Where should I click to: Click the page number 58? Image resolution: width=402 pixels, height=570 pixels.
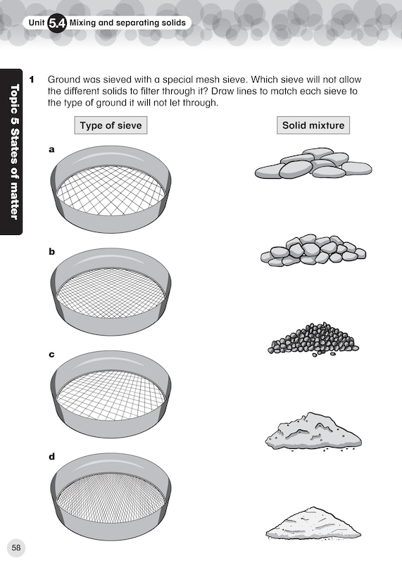point(16,547)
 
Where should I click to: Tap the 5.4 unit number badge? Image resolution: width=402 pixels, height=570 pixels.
point(57,23)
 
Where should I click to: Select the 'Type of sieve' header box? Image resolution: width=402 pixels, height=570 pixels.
point(111,125)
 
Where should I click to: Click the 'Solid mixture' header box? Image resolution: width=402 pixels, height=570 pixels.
point(313,125)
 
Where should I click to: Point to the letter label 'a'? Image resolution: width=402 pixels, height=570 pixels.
point(51,149)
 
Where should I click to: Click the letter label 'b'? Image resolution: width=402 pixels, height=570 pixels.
point(51,251)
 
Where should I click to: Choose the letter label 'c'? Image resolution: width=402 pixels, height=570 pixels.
point(51,355)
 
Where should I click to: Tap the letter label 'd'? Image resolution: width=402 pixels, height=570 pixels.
point(51,456)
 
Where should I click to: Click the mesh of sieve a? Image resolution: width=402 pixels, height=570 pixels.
point(111,191)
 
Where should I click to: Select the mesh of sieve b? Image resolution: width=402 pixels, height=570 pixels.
point(111,293)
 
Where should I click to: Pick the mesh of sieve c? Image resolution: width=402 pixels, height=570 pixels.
point(111,395)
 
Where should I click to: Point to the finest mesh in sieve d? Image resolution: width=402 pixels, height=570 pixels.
point(111,498)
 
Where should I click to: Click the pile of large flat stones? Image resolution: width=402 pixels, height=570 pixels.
point(313,163)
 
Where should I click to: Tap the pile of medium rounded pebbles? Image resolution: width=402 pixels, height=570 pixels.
point(313,250)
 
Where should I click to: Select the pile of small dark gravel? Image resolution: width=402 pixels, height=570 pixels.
point(313,338)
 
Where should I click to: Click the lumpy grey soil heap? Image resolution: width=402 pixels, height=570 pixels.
point(313,432)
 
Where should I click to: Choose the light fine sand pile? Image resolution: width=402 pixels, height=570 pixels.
point(313,524)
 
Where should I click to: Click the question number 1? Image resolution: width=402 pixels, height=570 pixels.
point(32,80)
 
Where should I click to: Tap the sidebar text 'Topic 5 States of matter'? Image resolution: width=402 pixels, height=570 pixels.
point(14,151)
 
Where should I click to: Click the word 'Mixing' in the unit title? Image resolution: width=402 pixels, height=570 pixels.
point(82,23)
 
